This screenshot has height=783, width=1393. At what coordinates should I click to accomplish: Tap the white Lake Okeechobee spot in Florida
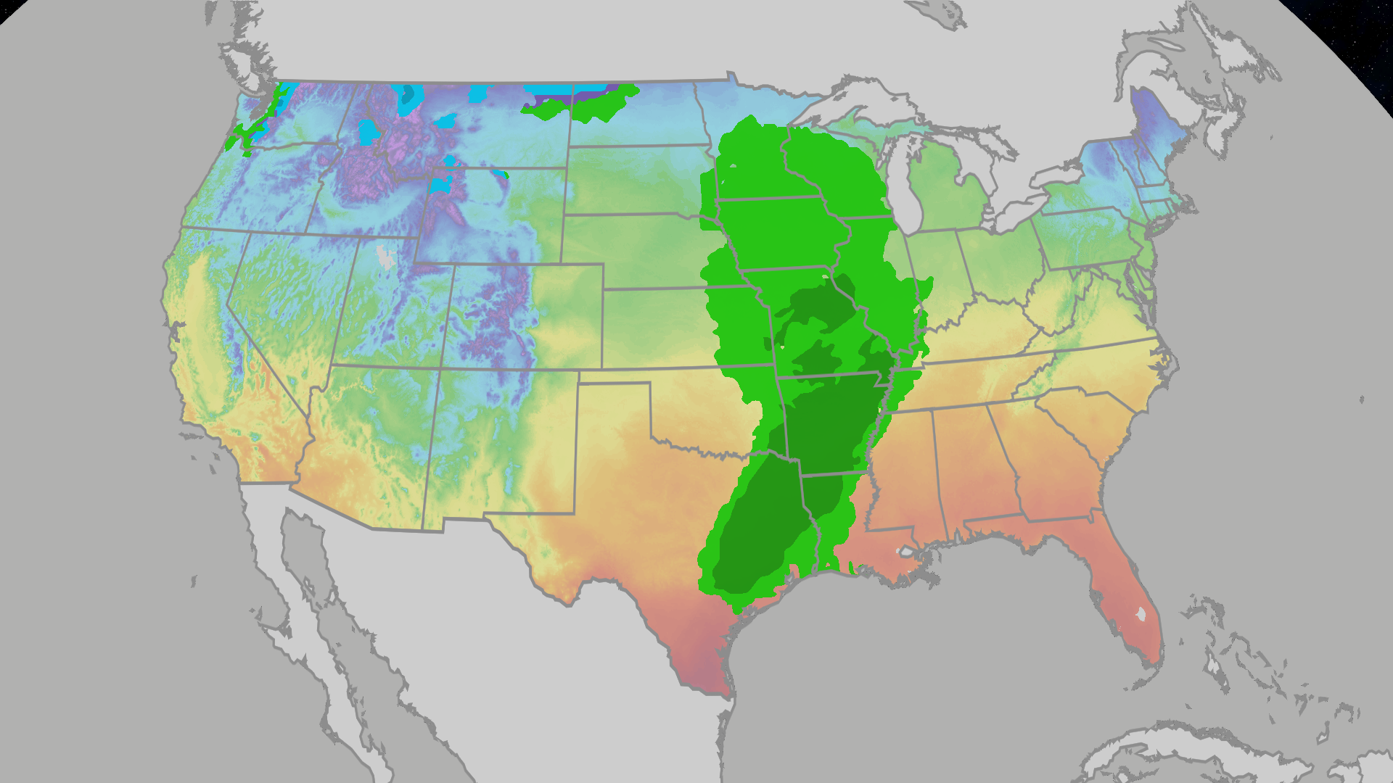[x=1141, y=614]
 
